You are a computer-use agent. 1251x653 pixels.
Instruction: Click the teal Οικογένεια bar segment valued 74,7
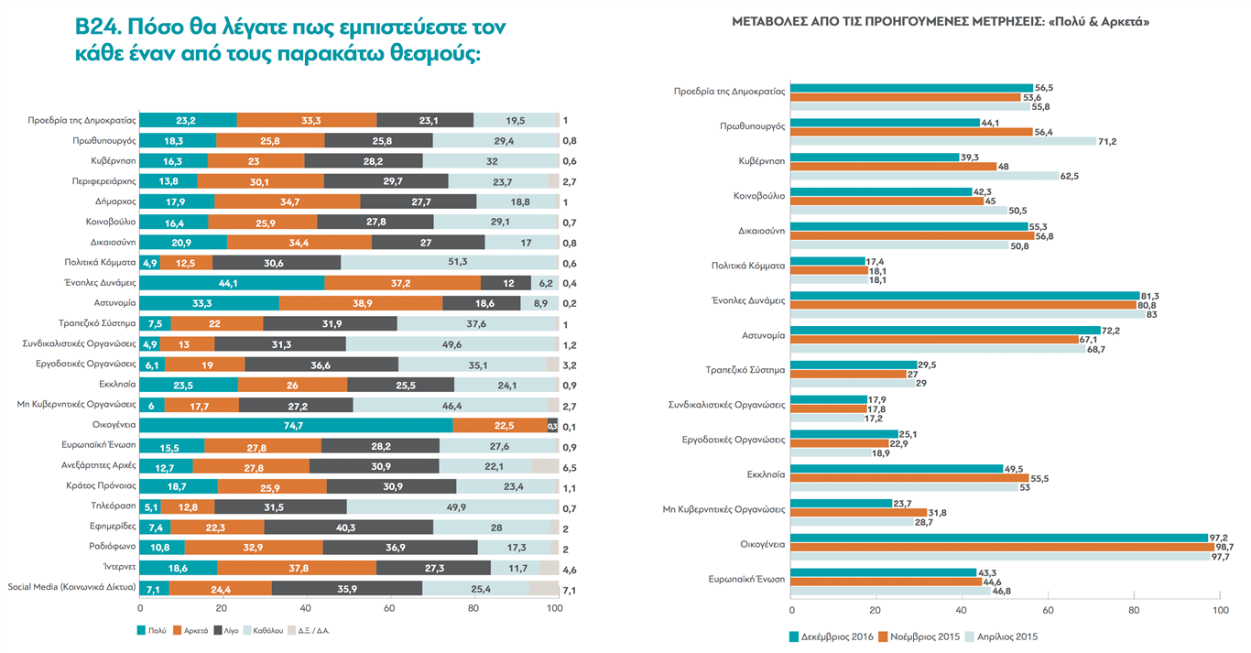[296, 425]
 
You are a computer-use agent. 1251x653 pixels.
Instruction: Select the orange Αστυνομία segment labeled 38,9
[361, 303]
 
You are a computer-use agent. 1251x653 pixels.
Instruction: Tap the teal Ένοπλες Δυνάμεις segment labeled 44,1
[232, 283]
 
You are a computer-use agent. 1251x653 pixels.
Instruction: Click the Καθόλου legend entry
[261, 630]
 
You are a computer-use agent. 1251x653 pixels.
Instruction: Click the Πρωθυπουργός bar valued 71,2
[942, 141]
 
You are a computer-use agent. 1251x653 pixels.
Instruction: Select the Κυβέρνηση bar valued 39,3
[874, 157]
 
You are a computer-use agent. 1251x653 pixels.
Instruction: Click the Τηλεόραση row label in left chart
[114, 506]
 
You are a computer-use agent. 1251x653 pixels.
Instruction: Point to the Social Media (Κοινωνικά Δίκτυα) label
[71, 587]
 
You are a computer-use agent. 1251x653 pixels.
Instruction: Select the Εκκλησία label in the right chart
[766, 475]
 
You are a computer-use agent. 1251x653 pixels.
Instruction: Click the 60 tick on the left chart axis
[389, 608]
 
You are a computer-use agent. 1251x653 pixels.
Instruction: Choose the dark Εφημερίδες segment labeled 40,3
[349, 527]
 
